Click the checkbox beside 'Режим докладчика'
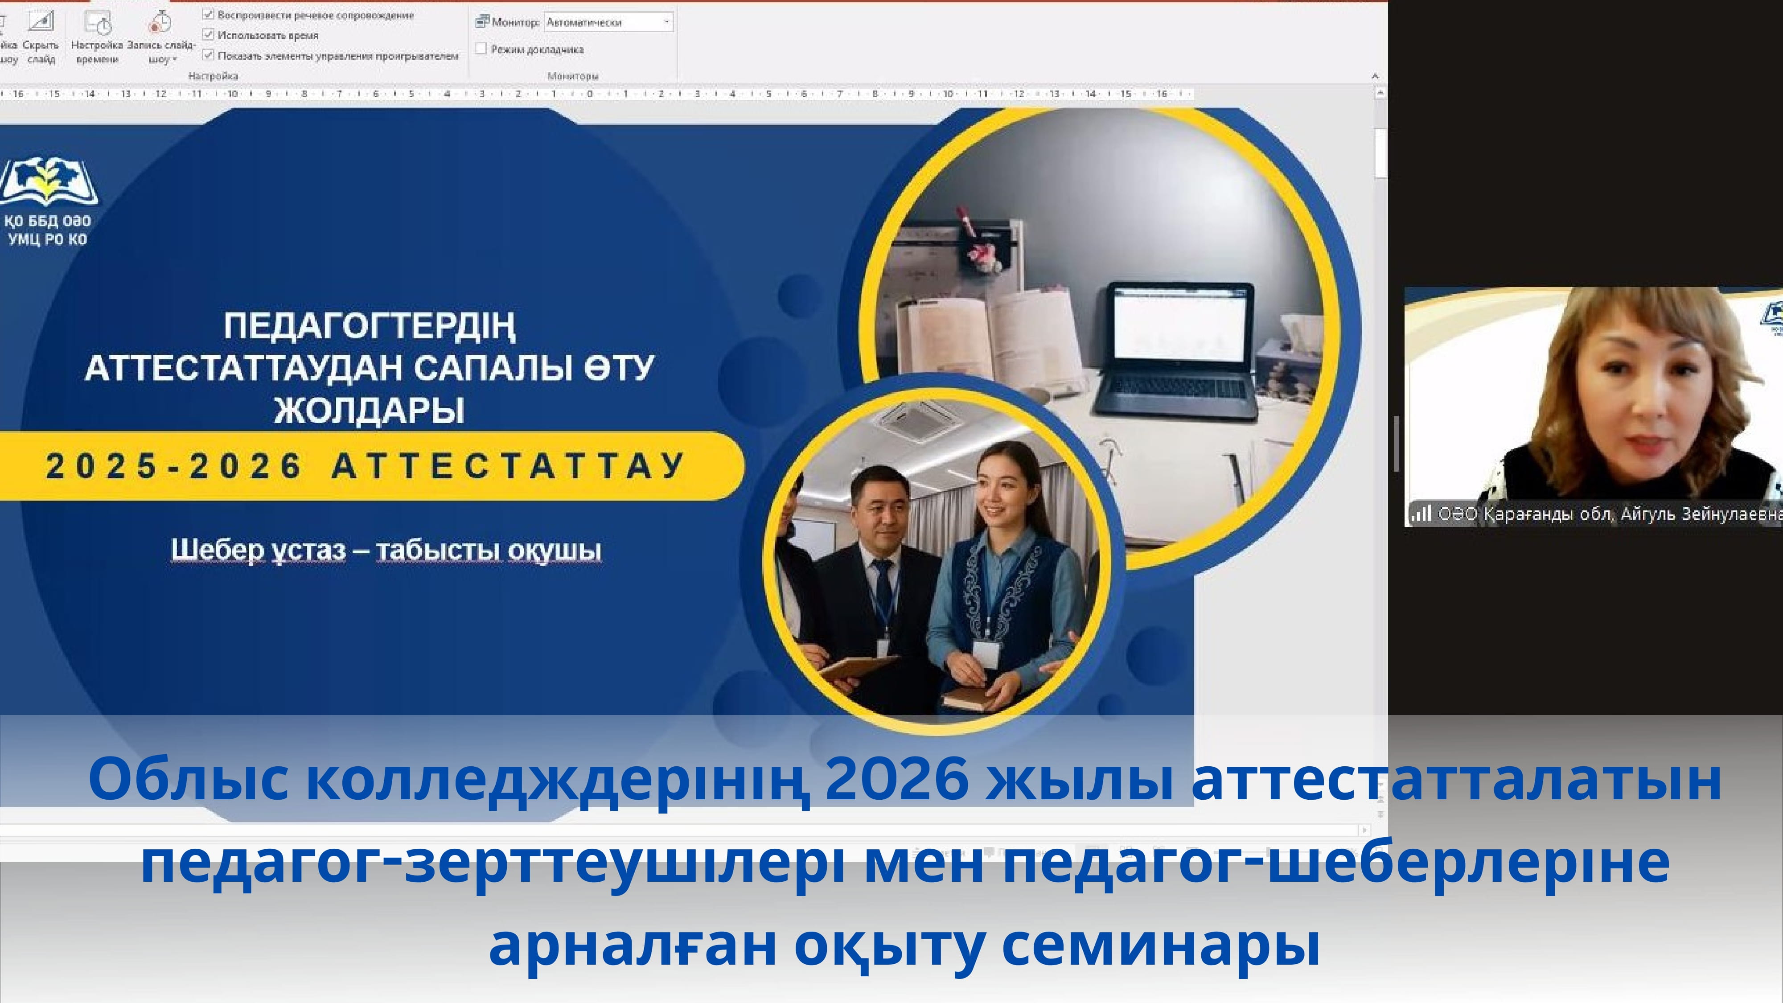coord(481,49)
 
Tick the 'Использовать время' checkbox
coord(208,34)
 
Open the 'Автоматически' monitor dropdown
coord(666,22)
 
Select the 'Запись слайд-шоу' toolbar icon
coord(160,24)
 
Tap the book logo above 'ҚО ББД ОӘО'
coord(49,181)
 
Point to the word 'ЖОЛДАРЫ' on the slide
coord(370,410)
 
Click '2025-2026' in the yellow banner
coord(173,466)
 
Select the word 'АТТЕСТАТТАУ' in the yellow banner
coord(509,466)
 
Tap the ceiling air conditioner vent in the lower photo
coord(919,420)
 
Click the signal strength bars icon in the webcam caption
coord(1420,514)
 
